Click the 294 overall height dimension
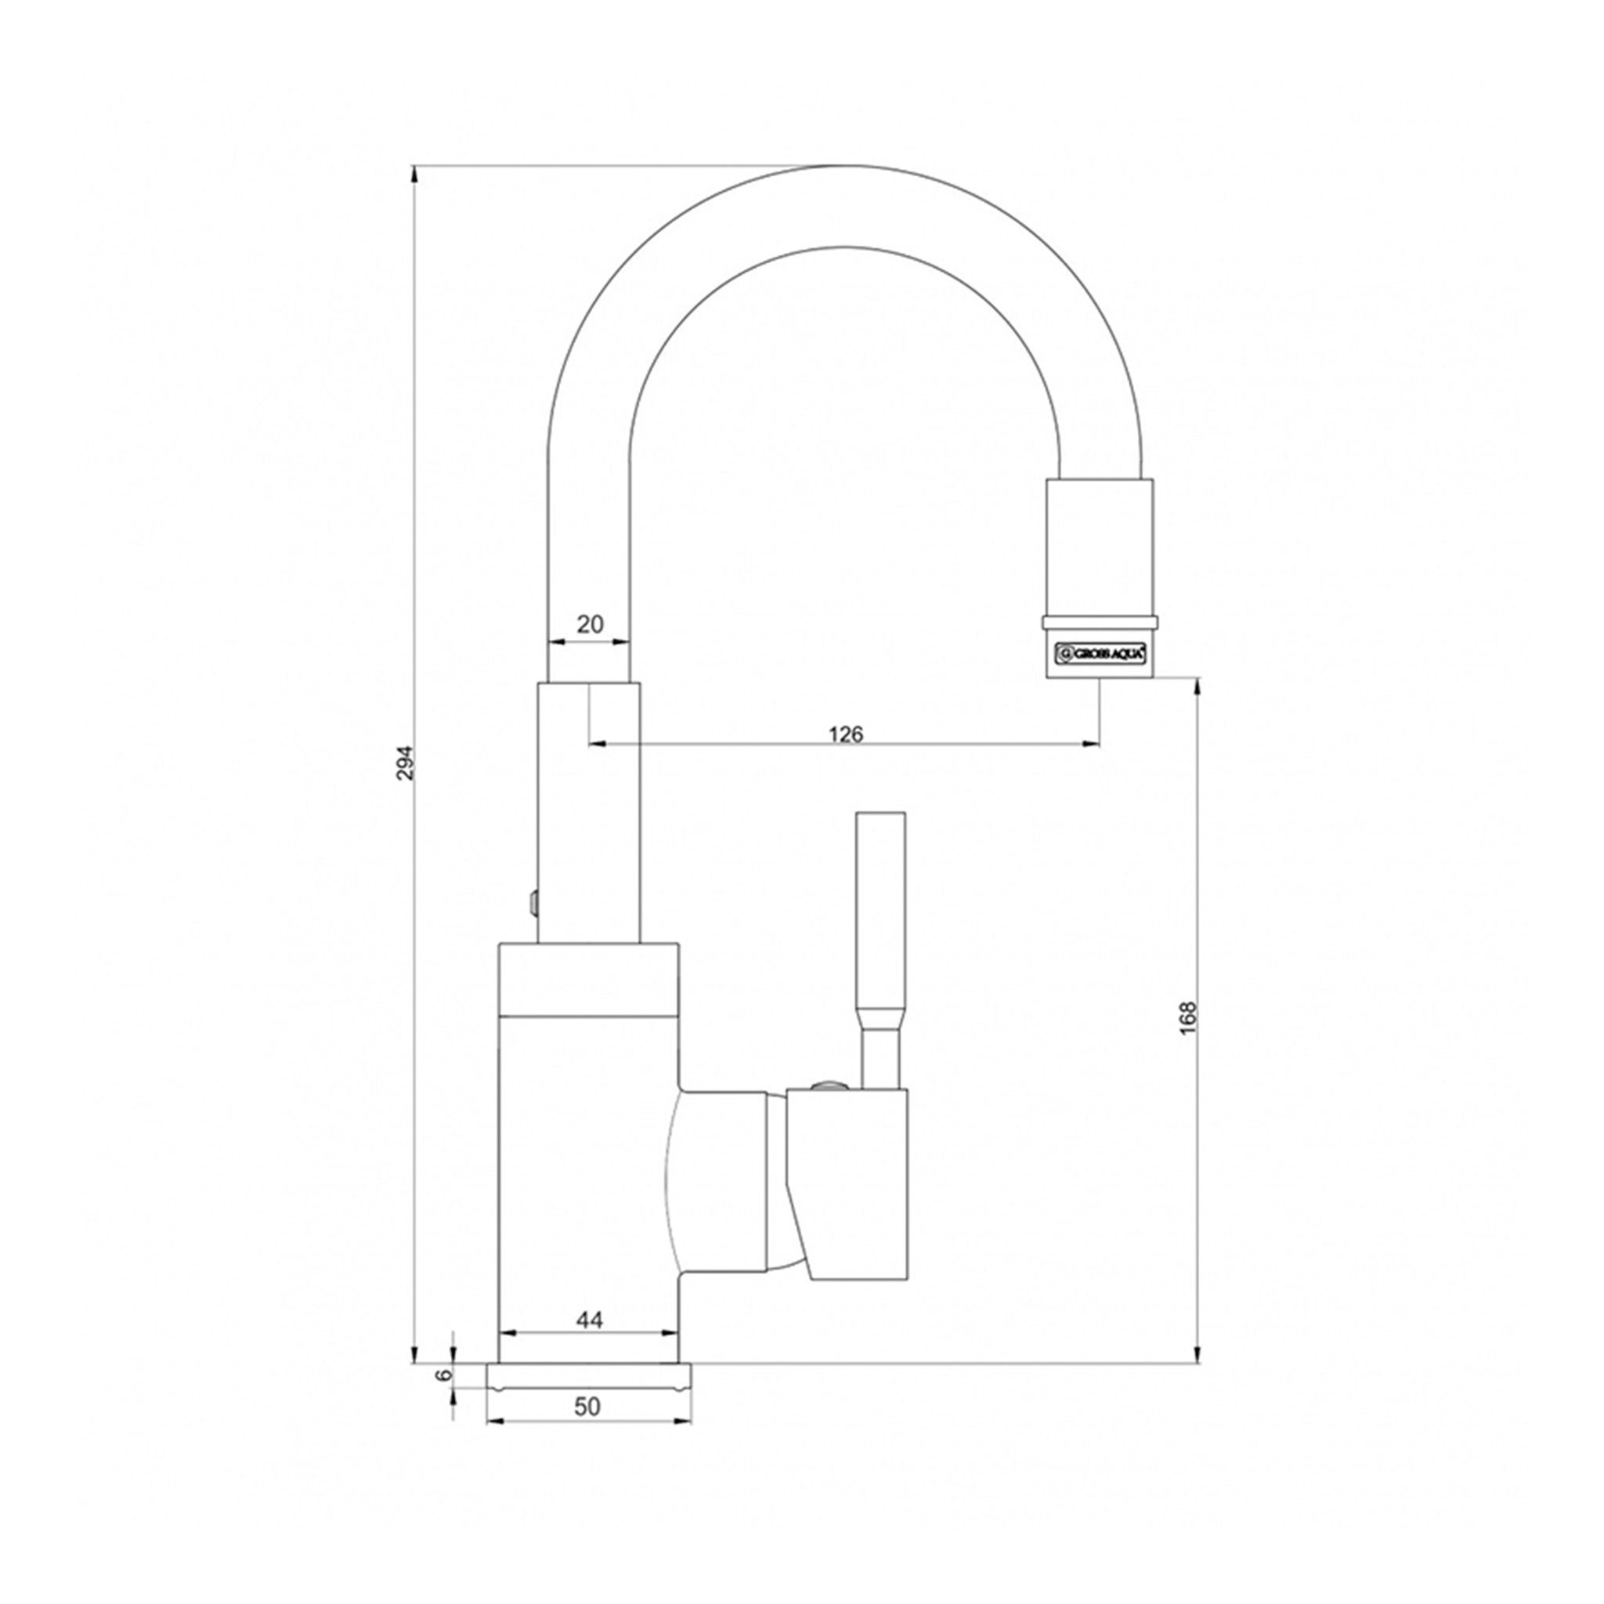point(405,762)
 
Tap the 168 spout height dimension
point(1189,1018)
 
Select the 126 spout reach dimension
point(846,734)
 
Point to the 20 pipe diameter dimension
point(590,624)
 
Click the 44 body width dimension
point(589,1342)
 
